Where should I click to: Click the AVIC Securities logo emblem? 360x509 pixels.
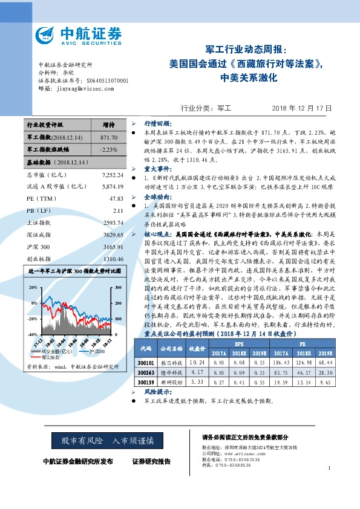[48, 34]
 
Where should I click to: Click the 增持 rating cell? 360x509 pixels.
[109, 125]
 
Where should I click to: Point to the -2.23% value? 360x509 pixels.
[108, 149]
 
